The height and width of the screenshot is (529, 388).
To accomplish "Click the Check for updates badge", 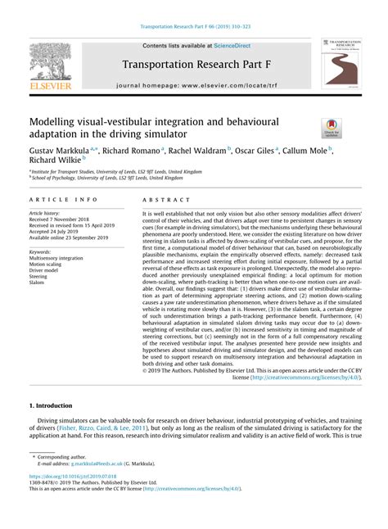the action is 332,127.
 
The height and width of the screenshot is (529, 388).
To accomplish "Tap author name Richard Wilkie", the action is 55,162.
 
